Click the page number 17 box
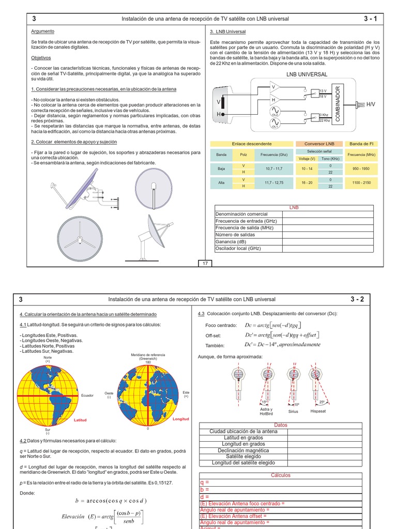click(205, 263)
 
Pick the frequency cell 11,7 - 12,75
click(273, 182)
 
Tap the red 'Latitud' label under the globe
click(80, 420)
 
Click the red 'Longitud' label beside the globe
click(181, 419)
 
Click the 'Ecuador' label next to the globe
click(87, 395)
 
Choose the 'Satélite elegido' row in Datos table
click(243, 457)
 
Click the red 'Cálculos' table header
click(281, 475)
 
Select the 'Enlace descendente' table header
click(252, 144)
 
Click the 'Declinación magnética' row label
click(243, 450)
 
